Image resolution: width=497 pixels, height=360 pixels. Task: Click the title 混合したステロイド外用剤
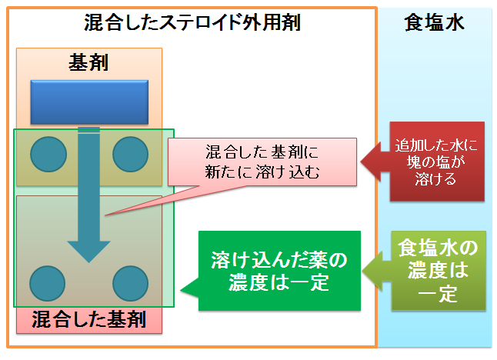[x=192, y=22]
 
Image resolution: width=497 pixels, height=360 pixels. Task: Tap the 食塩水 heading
[x=434, y=22]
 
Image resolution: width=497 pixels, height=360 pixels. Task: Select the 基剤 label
[x=88, y=62]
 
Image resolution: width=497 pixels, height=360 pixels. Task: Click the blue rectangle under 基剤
[x=89, y=102]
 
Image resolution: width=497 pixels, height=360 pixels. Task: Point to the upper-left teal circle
[x=48, y=155]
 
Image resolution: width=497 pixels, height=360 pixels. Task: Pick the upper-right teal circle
[x=130, y=155]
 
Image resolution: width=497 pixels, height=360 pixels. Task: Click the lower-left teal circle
[x=47, y=283]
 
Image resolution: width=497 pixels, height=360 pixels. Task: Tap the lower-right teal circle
[x=130, y=283]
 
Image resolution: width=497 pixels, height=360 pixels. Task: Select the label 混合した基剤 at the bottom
[x=89, y=319]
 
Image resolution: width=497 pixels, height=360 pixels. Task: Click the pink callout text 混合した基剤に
[x=262, y=152]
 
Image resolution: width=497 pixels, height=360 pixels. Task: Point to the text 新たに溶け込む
[x=262, y=172]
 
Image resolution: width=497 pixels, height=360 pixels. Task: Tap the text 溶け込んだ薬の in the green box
[x=279, y=261]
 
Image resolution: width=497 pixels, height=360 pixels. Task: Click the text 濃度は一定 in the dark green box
[x=279, y=282]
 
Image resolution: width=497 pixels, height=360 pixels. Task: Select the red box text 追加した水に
[x=436, y=145]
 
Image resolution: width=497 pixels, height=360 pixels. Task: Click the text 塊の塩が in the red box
[x=436, y=162]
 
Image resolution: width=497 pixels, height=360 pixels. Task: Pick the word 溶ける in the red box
[x=435, y=179]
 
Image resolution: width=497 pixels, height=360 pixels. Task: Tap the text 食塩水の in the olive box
[x=438, y=248]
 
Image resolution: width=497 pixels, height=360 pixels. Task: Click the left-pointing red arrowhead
[x=371, y=162]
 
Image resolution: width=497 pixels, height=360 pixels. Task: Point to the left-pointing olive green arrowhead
[x=372, y=272]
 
